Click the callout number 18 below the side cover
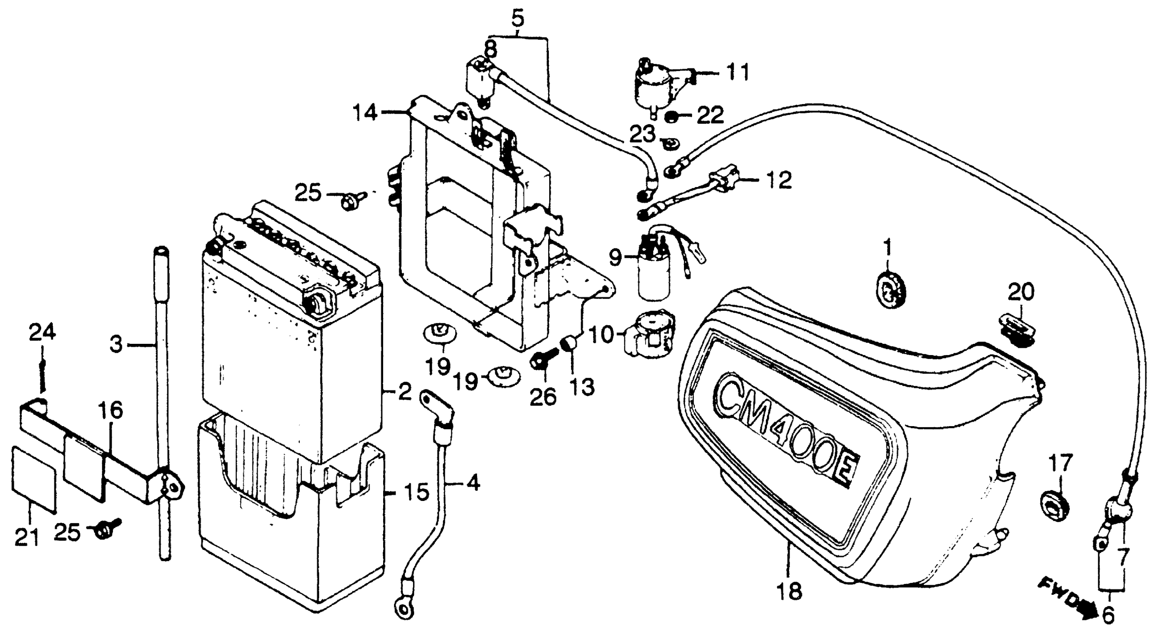[789, 591]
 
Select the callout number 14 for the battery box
[365, 112]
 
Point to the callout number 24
[42, 333]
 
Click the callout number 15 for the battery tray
[415, 493]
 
